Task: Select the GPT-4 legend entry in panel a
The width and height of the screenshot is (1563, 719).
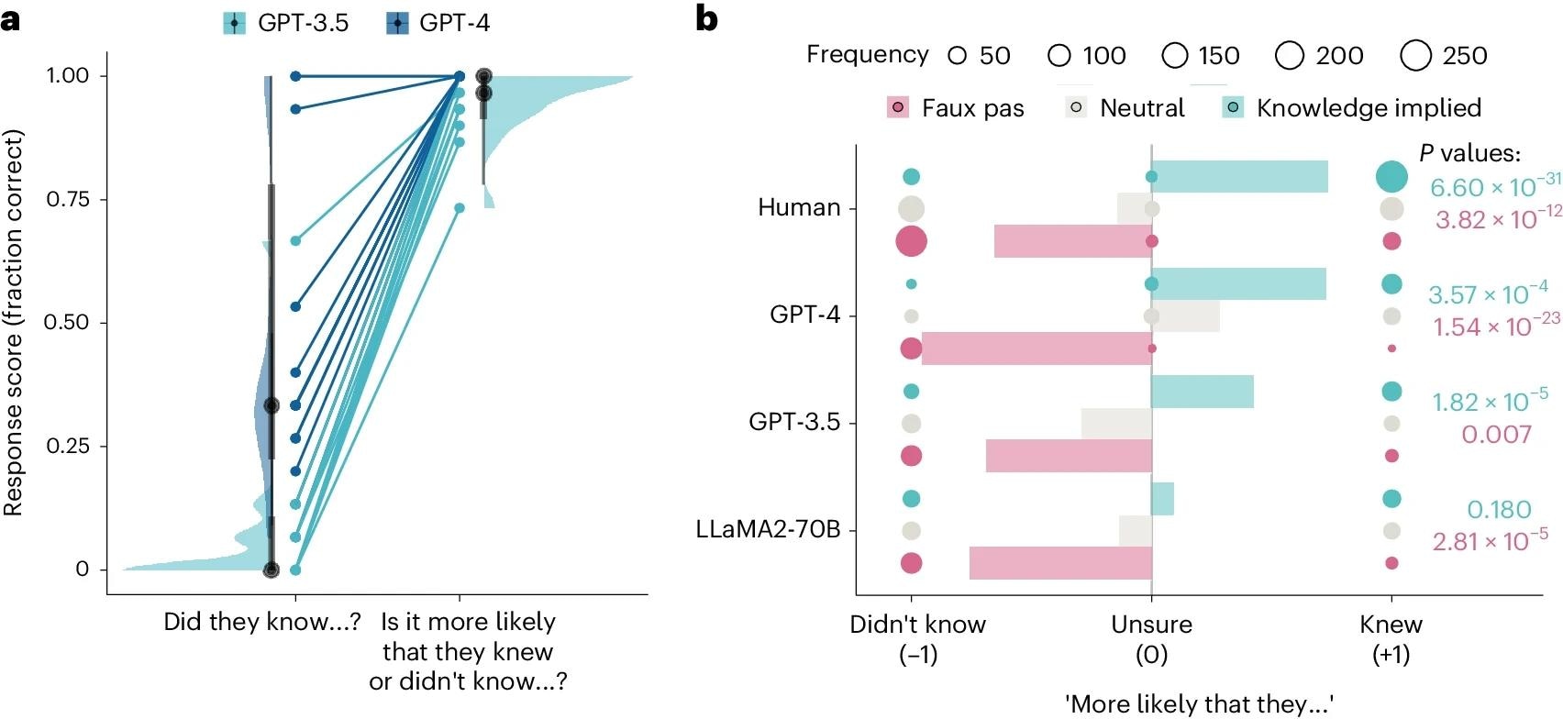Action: point(438,23)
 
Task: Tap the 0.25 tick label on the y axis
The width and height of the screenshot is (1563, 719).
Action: point(68,446)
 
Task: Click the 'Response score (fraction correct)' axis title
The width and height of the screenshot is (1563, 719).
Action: point(13,323)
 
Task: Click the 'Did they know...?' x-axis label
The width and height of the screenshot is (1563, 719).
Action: point(261,622)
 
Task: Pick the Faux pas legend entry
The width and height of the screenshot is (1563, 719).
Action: point(956,108)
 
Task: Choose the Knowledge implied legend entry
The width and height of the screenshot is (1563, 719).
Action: point(1353,108)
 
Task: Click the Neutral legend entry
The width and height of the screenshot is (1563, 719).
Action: point(1125,108)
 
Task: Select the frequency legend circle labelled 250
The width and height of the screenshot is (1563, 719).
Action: point(1415,56)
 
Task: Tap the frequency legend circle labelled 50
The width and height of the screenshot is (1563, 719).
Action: point(958,56)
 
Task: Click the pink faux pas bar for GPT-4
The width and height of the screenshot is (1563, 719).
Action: point(1036,348)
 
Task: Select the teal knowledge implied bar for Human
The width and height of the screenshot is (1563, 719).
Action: point(1239,177)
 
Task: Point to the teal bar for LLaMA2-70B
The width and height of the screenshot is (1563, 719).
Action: point(1162,499)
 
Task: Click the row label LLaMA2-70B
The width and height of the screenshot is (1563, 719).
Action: point(768,530)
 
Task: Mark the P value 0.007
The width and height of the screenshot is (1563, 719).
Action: point(1496,435)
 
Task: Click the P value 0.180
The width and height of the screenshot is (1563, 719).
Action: point(1499,509)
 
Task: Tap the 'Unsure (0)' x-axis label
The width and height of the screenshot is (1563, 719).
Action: point(1151,638)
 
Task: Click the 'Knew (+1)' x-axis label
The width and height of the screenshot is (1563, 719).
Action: point(1391,638)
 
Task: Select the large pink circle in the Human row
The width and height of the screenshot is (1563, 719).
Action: point(911,241)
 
